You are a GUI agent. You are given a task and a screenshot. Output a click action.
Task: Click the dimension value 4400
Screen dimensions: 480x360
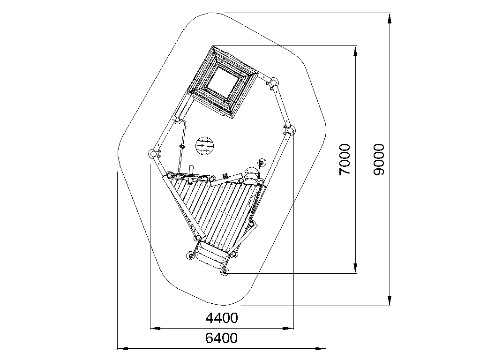tap(221, 318)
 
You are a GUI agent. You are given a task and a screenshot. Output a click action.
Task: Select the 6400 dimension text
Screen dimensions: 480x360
tap(221, 338)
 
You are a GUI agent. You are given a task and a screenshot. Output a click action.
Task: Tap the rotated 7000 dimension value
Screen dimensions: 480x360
tap(345, 159)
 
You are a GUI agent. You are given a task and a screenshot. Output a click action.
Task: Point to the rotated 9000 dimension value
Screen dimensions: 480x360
tap(379, 159)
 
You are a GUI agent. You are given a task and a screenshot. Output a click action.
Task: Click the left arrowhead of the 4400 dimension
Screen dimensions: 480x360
tap(155, 329)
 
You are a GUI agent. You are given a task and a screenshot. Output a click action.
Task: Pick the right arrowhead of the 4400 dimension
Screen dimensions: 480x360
tap(288, 329)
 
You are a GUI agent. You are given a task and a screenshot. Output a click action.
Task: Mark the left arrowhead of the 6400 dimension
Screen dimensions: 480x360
tap(123, 348)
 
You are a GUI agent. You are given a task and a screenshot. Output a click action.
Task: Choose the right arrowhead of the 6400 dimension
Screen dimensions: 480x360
tap(321, 348)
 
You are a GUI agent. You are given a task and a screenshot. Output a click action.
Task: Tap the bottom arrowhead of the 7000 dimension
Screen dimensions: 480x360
tap(355, 268)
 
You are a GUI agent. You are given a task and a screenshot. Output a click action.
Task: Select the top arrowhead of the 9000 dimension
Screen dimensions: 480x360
tap(390, 18)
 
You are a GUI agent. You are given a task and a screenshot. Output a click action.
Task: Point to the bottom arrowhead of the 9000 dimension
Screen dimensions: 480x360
tap(390, 300)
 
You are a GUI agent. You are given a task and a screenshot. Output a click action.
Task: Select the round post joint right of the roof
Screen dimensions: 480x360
tap(273, 82)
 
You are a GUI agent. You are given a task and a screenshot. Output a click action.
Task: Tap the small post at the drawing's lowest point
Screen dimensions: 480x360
tap(225, 271)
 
